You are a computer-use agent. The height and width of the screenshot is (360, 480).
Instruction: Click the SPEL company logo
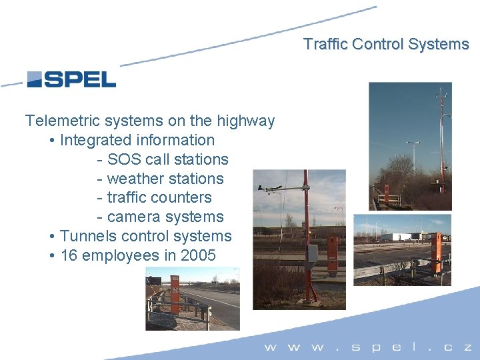[71, 79]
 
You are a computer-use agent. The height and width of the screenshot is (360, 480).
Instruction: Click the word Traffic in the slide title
[325, 45]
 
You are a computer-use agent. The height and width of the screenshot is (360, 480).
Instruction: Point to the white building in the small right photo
[407, 237]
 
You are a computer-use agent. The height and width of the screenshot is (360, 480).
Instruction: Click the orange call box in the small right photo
[437, 253]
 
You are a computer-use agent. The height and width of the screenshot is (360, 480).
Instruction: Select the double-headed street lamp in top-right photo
[413, 143]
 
